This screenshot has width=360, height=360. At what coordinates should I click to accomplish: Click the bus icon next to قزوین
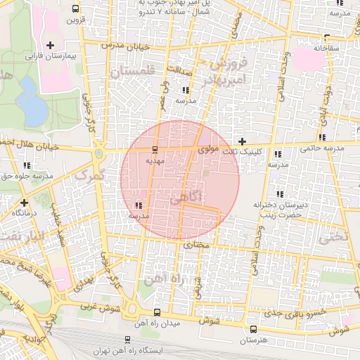pos(75,9)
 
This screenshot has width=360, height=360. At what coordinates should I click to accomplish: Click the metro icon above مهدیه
pos(155,149)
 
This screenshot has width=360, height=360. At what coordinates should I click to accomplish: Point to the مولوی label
pos(209,149)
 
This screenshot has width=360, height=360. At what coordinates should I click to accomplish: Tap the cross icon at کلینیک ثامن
pos(243,142)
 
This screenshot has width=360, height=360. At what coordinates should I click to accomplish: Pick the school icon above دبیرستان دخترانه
pos(279,193)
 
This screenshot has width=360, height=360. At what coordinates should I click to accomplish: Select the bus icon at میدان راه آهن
pos(156,313)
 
